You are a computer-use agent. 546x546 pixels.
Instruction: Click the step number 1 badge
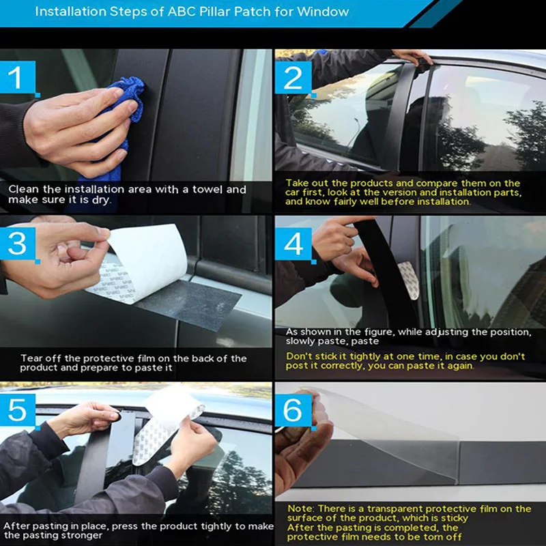(18, 77)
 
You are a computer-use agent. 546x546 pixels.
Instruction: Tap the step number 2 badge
(293, 77)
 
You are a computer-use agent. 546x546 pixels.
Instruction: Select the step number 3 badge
(18, 244)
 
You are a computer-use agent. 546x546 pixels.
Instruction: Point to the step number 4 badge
(293, 244)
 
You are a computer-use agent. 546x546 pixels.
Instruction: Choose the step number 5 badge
(18, 410)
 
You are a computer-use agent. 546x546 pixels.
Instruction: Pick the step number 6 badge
(293, 410)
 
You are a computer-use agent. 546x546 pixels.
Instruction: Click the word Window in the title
(323, 12)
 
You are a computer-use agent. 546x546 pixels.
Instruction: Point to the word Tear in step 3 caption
(31, 358)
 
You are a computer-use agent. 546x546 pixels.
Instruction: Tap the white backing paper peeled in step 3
(146, 261)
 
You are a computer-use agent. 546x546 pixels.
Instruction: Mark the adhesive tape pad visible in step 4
(408, 281)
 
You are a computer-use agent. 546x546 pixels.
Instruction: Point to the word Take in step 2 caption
(297, 183)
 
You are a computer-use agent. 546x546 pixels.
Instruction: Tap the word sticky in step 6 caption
(452, 518)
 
